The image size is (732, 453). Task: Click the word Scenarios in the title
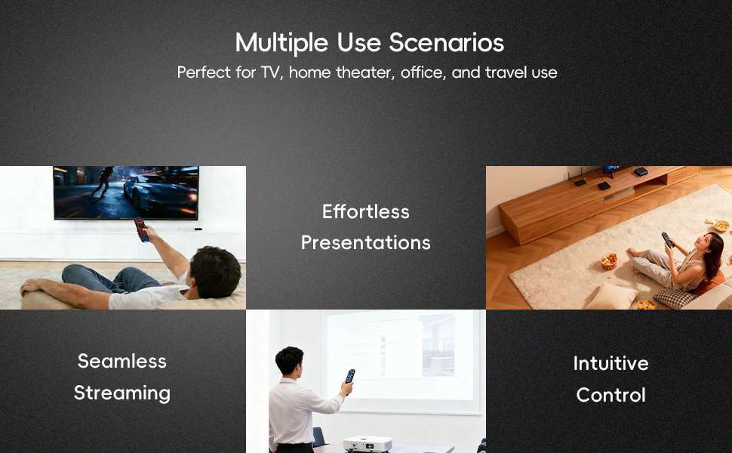point(446,42)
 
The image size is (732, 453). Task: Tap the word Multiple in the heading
point(282,44)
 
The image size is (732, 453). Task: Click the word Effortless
point(365,211)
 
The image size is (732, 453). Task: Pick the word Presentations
point(365,242)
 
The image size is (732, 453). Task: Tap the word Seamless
point(121,361)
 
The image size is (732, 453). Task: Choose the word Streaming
point(121,393)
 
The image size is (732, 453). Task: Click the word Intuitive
point(611,363)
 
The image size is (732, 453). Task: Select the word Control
point(611,395)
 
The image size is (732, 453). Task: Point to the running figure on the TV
point(103,182)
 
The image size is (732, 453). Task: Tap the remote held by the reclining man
point(141,230)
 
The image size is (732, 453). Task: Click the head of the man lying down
point(215,272)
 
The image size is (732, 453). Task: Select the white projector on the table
point(368,444)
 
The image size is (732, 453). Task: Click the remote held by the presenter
point(350,377)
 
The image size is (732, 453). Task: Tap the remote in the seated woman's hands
point(668,240)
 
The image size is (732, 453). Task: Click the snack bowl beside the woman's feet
point(609,261)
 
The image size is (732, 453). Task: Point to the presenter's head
point(290,360)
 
